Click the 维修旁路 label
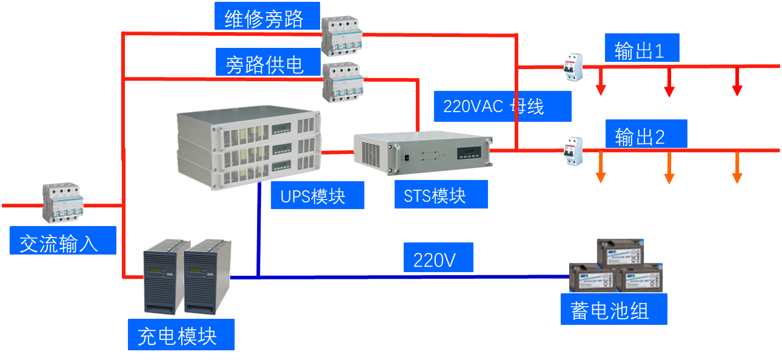tap(264, 18)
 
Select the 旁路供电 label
tap(264, 64)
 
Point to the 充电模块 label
tap(178, 335)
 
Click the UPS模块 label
tap(312, 196)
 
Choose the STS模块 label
tap(435, 195)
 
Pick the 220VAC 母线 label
tap(493, 107)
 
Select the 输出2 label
tap(640, 136)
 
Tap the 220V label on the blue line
tap(433, 260)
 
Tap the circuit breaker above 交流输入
tap(62, 202)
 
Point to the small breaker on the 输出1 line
tap(573, 67)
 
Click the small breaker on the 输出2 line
tap(573, 151)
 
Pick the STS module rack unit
tap(421, 153)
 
